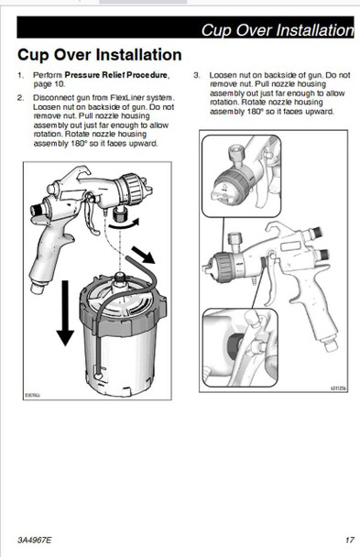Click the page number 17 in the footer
(350, 540)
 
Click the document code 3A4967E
(35, 540)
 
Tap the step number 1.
(20, 75)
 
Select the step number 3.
(197, 75)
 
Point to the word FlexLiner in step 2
(127, 98)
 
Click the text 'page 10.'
(49, 84)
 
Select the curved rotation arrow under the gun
(124, 224)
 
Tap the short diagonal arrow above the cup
(144, 255)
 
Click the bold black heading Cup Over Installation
(100, 55)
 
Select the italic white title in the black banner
(278, 30)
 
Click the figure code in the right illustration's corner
(338, 388)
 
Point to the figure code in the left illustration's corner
(32, 395)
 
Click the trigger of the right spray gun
(273, 280)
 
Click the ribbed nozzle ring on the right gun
(224, 268)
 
